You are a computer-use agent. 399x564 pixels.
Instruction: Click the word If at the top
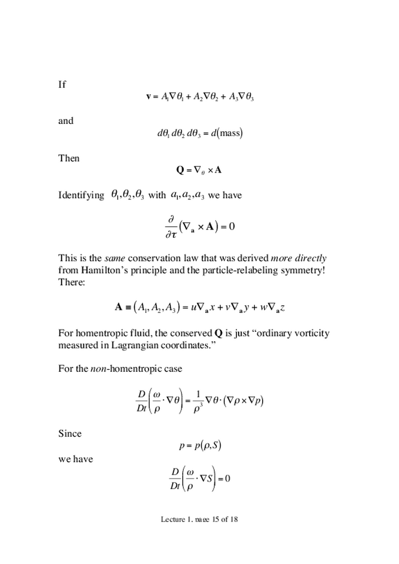[x=62, y=85]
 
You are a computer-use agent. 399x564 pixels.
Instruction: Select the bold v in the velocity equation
[x=149, y=97]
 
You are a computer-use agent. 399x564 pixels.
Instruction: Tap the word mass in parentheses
[x=229, y=134]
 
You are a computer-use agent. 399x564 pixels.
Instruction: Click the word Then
[x=69, y=159]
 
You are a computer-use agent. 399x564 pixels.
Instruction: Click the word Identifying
[x=81, y=195]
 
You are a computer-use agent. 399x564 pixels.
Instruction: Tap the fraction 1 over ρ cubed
[x=198, y=400]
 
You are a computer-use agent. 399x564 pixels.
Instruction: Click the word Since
[x=70, y=434]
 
